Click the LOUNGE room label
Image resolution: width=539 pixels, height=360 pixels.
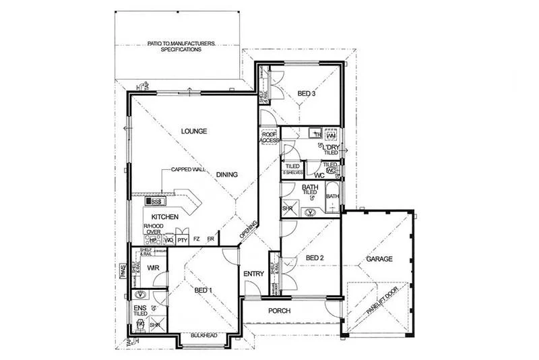(193, 131)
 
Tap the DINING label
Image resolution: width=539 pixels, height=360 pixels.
(226, 175)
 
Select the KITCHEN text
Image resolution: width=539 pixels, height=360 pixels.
(164, 216)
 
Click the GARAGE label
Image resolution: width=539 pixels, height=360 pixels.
(379, 259)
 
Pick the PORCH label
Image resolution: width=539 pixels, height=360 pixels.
(279, 311)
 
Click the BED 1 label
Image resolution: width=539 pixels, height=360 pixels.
(203, 290)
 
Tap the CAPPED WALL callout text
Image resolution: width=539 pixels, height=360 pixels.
(188, 171)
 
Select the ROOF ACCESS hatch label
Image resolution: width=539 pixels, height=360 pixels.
(269, 137)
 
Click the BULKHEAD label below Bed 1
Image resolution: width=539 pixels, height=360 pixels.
(204, 334)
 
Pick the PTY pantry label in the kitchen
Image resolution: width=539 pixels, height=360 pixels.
(182, 239)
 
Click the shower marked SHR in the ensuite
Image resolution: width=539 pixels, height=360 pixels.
(155, 324)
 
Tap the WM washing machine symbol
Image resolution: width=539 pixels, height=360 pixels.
(330, 133)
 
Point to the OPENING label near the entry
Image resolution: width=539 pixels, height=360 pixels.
(249, 229)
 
